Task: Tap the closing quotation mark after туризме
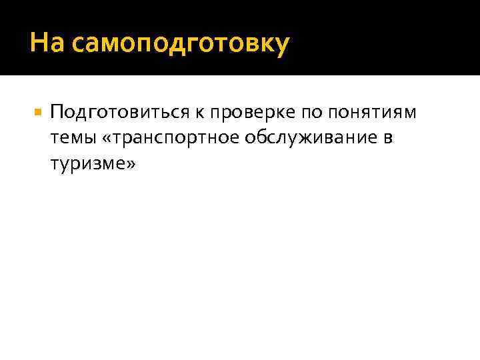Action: click(129, 163)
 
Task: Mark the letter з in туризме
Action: click(93, 163)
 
